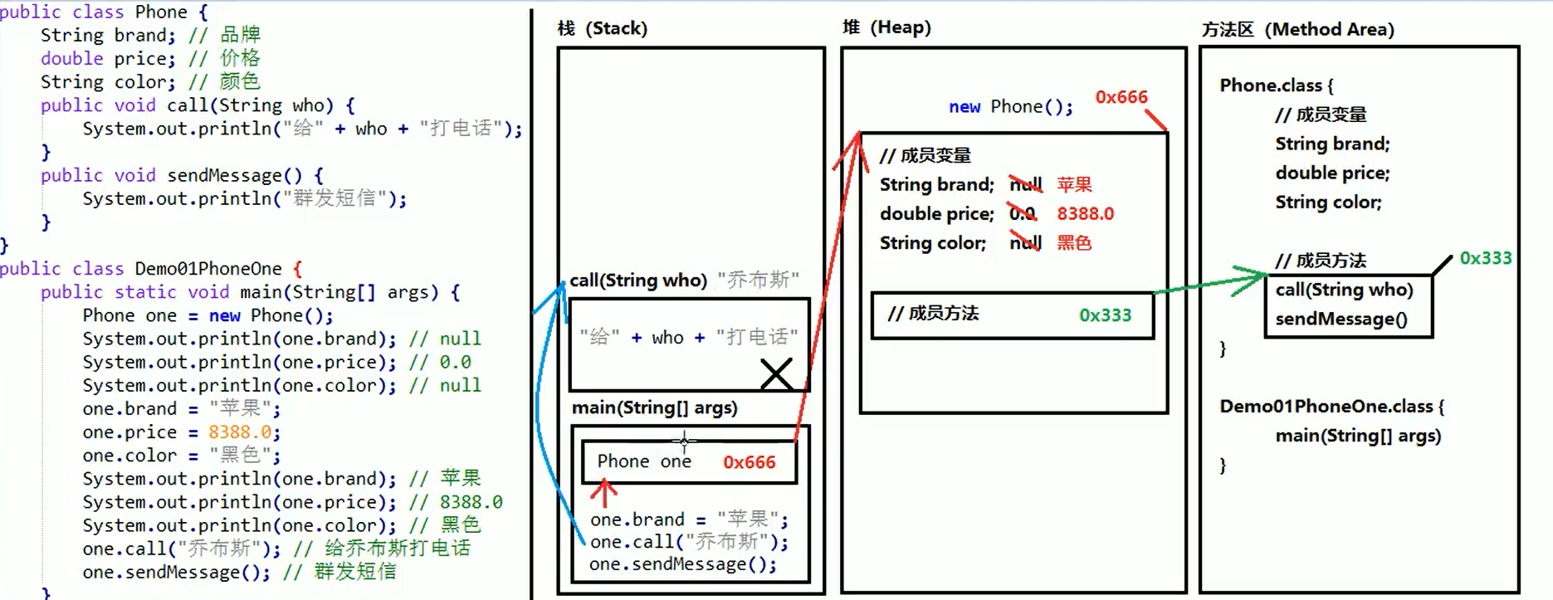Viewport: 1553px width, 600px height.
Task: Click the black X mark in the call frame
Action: (776, 373)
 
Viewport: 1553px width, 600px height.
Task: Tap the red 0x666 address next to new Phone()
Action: (1121, 97)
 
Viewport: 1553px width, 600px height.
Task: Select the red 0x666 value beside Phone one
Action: (749, 462)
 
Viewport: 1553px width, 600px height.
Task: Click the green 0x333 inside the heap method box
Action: (1105, 315)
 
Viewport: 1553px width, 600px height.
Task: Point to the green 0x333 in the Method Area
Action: (1485, 258)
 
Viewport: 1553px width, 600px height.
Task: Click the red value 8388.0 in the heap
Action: (1085, 214)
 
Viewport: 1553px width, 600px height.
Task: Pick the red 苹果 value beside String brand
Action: (1074, 184)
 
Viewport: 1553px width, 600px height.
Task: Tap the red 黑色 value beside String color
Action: (1074, 243)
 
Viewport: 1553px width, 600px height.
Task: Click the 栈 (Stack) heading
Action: (602, 28)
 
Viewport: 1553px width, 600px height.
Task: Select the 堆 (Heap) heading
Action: (886, 27)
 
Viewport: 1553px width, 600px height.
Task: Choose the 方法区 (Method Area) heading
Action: (1297, 30)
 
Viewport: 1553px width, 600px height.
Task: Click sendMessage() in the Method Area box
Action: (1341, 320)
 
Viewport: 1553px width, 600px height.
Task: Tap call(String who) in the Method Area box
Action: (1344, 290)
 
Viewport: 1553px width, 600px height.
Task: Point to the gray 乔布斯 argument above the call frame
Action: (758, 280)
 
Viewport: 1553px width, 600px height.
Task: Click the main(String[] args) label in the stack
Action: (654, 407)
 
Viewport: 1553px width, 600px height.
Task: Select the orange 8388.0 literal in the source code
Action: (241, 432)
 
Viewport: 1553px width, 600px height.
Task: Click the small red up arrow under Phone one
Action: (603, 494)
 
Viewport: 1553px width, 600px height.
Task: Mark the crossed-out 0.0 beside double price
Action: (1023, 214)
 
